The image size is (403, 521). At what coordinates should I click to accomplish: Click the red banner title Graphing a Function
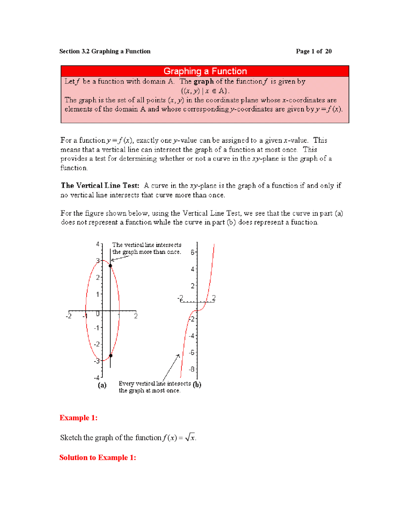click(205, 71)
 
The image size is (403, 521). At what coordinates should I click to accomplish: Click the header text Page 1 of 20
click(313, 51)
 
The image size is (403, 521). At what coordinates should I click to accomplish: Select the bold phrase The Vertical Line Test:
click(100, 185)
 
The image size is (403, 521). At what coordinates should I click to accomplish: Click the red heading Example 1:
click(78, 417)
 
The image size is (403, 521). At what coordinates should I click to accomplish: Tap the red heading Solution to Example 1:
click(98, 457)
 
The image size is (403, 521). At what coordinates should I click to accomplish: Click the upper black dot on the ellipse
click(110, 266)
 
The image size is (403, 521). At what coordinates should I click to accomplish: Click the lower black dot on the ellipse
click(111, 356)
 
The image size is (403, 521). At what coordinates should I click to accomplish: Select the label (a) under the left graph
click(102, 385)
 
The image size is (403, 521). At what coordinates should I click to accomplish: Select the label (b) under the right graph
click(197, 384)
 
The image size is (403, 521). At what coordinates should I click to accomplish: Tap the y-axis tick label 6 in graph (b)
click(192, 252)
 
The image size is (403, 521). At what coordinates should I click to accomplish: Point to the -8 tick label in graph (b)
click(191, 369)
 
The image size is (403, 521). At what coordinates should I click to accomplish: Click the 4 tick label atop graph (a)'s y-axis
click(98, 244)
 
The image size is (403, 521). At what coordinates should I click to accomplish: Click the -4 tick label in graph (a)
click(96, 378)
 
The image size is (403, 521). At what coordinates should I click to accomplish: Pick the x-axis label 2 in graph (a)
click(136, 316)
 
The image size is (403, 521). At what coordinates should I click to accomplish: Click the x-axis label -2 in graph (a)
click(68, 316)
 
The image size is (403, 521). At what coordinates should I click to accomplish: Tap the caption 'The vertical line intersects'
click(147, 245)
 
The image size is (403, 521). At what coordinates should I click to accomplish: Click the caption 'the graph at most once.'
click(150, 390)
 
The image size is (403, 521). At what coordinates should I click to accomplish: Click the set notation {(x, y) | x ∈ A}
click(205, 91)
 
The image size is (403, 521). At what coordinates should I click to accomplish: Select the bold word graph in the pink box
click(203, 81)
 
